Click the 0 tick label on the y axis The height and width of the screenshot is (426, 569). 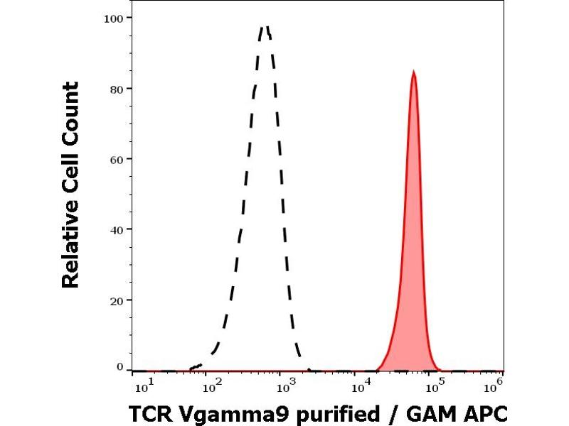coord(119,367)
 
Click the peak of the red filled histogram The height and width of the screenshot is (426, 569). coord(413,72)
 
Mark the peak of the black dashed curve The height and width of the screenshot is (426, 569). coord(265,28)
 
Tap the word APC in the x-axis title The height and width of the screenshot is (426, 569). coord(486,413)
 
